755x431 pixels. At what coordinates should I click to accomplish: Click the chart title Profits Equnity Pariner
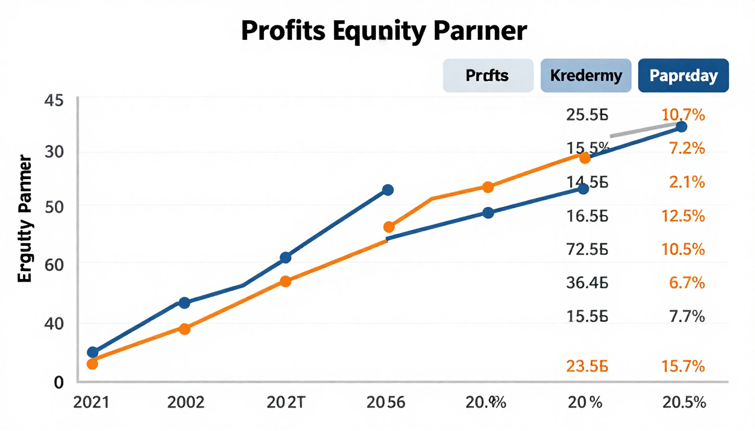coord(384,31)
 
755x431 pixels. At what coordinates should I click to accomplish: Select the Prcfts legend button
coord(488,75)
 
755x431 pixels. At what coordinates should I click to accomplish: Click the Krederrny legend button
coord(586,75)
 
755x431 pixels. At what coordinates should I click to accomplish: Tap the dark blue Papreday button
coord(683,75)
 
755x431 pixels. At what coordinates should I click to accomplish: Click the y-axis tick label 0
coord(57,382)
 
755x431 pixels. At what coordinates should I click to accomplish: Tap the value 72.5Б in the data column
coord(587,249)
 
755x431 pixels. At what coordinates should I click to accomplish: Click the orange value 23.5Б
coord(587,366)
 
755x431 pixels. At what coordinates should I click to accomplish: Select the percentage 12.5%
coord(683,215)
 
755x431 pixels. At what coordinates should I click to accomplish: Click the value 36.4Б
coord(587,282)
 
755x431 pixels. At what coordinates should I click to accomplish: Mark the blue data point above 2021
coord(93,352)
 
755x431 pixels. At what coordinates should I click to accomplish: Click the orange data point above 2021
coord(93,364)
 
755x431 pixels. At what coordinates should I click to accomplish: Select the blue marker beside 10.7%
coord(681,127)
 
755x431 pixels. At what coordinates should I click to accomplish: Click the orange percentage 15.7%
coord(683,366)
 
